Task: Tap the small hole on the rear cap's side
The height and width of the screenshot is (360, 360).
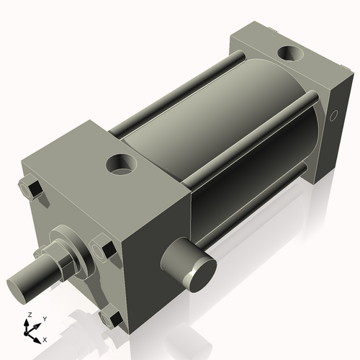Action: coord(333,114)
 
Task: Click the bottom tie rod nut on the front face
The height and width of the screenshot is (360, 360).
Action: coord(112,318)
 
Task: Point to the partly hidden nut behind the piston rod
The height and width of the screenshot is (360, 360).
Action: coord(39,255)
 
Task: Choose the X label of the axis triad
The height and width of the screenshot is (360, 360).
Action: coord(45,338)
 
